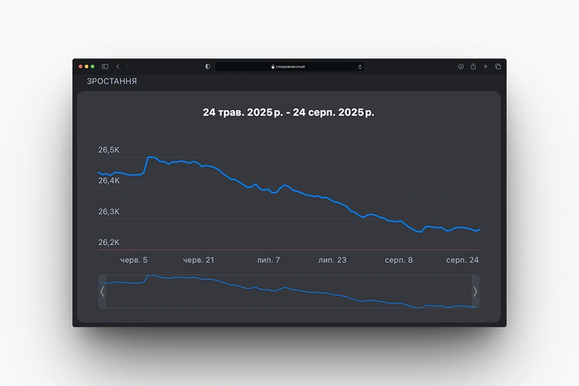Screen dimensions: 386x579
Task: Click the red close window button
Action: (80, 66)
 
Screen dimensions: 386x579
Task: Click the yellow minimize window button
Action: (87, 66)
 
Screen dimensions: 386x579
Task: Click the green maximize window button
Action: (93, 66)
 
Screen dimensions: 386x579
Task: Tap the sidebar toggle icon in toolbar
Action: (105, 66)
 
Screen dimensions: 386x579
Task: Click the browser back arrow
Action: (117, 66)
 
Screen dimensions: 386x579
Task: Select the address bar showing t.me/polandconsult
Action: (289, 66)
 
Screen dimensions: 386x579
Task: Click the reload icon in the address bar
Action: (360, 66)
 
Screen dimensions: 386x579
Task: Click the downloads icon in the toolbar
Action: (461, 66)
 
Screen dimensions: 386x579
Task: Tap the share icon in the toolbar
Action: (473, 66)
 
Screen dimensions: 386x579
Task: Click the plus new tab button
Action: (486, 66)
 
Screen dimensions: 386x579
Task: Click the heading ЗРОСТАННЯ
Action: (112, 82)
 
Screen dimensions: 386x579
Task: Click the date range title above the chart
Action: (289, 113)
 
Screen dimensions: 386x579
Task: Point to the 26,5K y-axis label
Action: (109, 150)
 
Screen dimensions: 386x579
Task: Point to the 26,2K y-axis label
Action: (109, 243)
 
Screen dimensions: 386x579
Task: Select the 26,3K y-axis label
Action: (109, 212)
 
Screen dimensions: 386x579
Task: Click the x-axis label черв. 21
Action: (198, 260)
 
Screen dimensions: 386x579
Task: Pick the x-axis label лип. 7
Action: (268, 260)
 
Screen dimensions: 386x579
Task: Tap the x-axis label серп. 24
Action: (463, 260)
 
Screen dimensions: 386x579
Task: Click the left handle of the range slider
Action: (102, 291)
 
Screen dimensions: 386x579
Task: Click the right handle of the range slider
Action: (475, 291)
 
